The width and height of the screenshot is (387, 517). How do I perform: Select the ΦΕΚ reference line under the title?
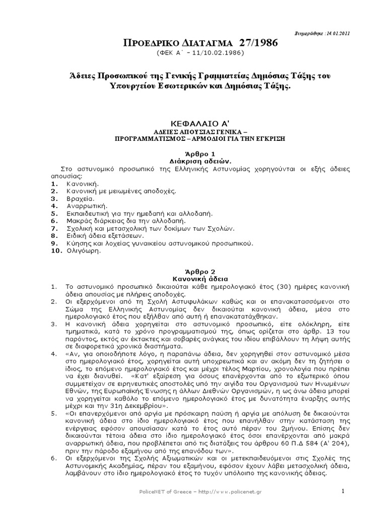click(x=193, y=53)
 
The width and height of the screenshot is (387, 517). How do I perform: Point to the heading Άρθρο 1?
click(x=193, y=153)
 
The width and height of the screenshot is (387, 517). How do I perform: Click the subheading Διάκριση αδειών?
click(x=193, y=160)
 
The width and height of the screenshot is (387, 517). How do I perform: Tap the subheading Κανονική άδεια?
click(x=193, y=278)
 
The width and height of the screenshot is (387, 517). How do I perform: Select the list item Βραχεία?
click(x=77, y=199)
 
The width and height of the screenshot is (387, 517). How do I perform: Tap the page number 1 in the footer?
click(x=342, y=492)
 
